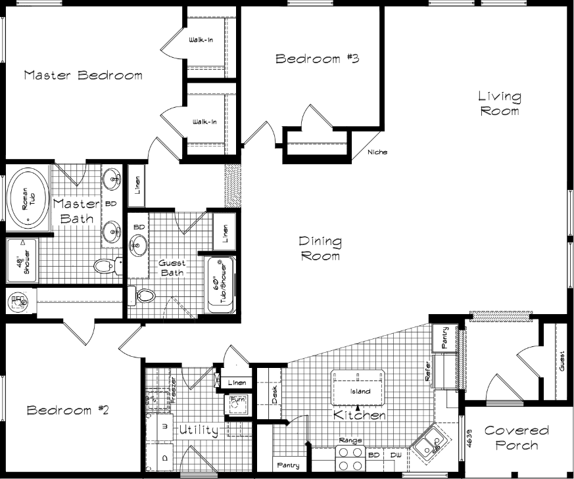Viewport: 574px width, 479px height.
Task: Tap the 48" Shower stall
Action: coord(22,262)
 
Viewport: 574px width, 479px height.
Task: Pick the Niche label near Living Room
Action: coord(377,152)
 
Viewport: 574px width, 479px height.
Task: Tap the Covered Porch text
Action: coord(516,438)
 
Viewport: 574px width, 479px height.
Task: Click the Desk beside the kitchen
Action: coord(274,394)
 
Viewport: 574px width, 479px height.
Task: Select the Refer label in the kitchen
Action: coord(428,371)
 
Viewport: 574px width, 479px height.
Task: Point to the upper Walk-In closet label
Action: coord(201,41)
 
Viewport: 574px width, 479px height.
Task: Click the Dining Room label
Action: coord(320,248)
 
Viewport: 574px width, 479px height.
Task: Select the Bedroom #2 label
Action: coord(68,410)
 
